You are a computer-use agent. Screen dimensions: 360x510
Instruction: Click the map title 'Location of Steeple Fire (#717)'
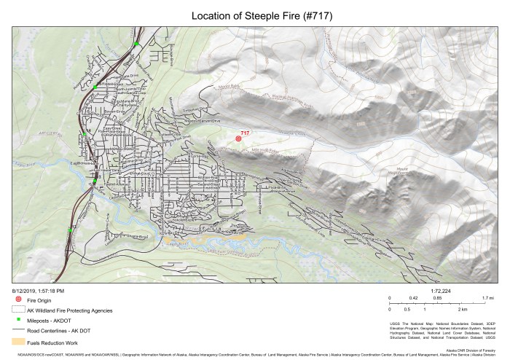[254, 15]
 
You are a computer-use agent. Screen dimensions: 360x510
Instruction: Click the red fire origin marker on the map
[238, 138]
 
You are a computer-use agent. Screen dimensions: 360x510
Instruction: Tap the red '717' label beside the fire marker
[246, 133]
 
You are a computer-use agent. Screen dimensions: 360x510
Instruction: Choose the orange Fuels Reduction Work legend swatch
[18, 340]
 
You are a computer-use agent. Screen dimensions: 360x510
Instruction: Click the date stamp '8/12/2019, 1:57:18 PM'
[38, 290]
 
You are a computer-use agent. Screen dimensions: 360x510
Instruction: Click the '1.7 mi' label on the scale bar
[488, 298]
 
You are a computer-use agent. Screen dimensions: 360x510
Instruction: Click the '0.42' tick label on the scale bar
[413, 298]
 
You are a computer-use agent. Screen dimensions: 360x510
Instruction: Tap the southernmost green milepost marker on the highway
[71, 229]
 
